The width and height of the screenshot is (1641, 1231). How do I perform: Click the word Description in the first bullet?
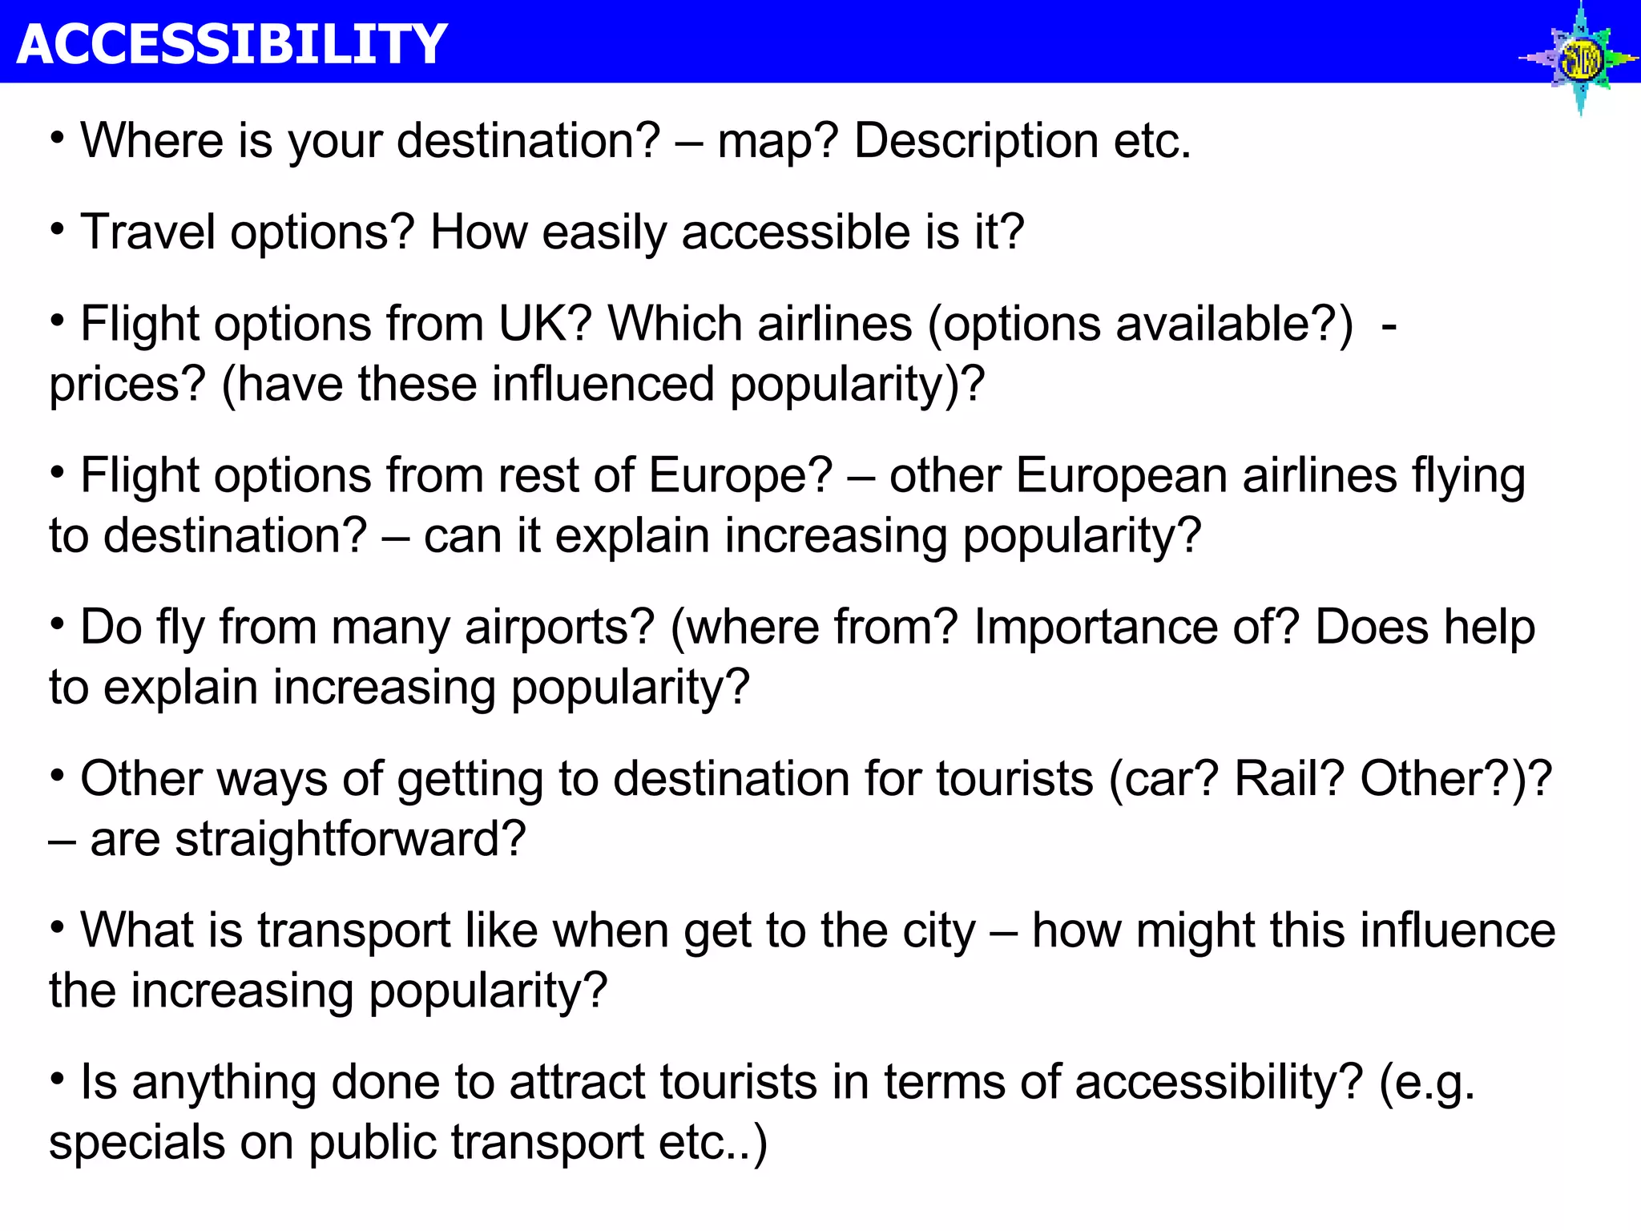(976, 141)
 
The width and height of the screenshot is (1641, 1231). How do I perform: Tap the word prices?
(127, 385)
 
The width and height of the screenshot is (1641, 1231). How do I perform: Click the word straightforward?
(350, 840)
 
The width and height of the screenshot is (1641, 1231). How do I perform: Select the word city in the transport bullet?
(939, 932)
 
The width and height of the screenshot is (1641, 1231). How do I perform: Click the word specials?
(137, 1144)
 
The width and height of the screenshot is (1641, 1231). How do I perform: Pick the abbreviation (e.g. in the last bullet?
(1426, 1084)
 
